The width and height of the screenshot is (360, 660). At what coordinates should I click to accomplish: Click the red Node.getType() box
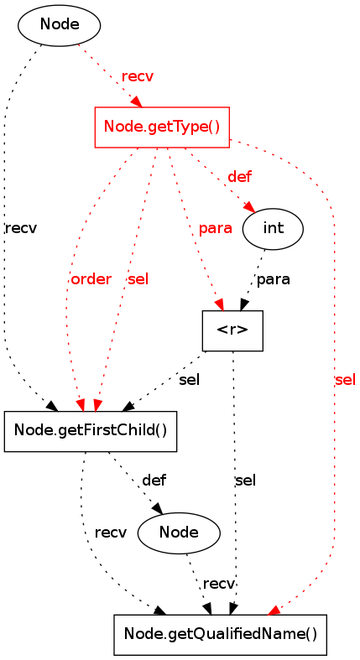pyautogui.click(x=162, y=127)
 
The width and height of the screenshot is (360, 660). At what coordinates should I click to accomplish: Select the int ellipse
pyautogui.click(x=273, y=229)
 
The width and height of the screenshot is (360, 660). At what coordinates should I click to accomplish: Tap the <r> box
pyautogui.click(x=232, y=331)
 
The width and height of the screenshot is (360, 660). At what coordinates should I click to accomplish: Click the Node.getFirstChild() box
pyautogui.click(x=90, y=431)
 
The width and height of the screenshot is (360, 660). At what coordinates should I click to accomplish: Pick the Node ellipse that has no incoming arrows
pyautogui.click(x=59, y=25)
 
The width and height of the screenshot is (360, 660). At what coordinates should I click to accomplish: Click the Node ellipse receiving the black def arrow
pyautogui.click(x=179, y=533)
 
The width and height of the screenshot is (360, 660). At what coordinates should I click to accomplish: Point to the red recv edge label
pyautogui.click(x=138, y=77)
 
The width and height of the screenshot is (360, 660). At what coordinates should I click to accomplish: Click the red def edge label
pyautogui.click(x=239, y=177)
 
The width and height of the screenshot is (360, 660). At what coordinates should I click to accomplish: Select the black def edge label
pyautogui.click(x=154, y=480)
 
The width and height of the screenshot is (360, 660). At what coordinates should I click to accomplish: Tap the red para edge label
pyautogui.click(x=215, y=229)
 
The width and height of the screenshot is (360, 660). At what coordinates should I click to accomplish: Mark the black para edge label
pyautogui.click(x=274, y=279)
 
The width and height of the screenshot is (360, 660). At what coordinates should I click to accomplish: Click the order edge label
pyautogui.click(x=91, y=279)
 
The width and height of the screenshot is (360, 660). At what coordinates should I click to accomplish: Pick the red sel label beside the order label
pyautogui.click(x=138, y=279)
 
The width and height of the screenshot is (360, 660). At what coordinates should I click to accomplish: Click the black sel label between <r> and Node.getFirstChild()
pyautogui.click(x=189, y=380)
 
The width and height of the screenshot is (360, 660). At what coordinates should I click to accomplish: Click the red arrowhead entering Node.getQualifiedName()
pyautogui.click(x=273, y=611)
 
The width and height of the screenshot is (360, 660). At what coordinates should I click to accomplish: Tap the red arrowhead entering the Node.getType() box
pyautogui.click(x=136, y=101)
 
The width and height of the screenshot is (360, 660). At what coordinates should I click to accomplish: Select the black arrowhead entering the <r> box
pyautogui.click(x=244, y=304)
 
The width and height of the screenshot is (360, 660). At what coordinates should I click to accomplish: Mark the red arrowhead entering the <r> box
pyautogui.click(x=219, y=304)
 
